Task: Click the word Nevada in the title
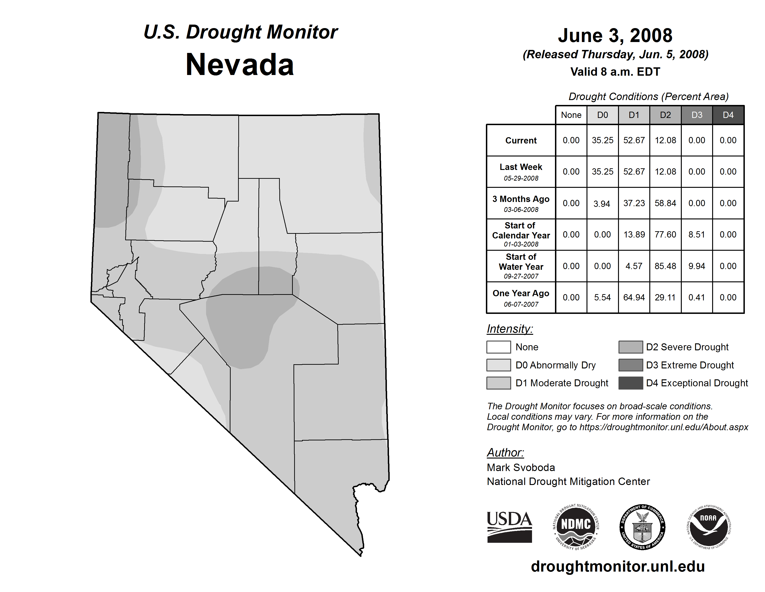pyautogui.click(x=240, y=65)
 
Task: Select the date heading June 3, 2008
pyautogui.click(x=615, y=36)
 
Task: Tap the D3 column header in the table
pyautogui.click(x=697, y=115)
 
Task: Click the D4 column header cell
pyautogui.click(x=728, y=115)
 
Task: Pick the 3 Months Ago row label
pyautogui.click(x=521, y=203)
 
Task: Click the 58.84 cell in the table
pyautogui.click(x=665, y=203)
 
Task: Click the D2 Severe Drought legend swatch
pyautogui.click(x=631, y=347)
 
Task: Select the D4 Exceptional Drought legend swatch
pyautogui.click(x=631, y=383)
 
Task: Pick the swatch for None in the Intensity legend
pyautogui.click(x=498, y=347)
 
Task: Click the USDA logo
pyautogui.click(x=509, y=527)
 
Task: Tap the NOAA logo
pyautogui.click(x=709, y=527)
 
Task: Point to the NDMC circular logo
pyautogui.click(x=576, y=527)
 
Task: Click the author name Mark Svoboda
pyautogui.click(x=521, y=468)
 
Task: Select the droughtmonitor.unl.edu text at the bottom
pyautogui.click(x=618, y=566)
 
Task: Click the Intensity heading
pyautogui.click(x=510, y=329)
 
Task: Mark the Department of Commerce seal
pyautogui.click(x=642, y=527)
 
